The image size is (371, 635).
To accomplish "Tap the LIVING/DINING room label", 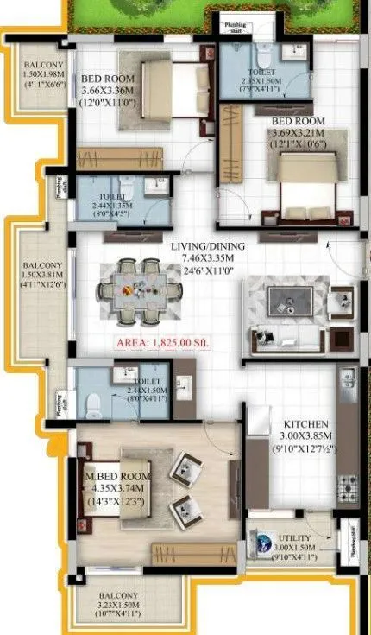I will (x=207, y=247).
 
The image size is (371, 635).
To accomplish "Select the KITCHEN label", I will (x=306, y=424).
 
